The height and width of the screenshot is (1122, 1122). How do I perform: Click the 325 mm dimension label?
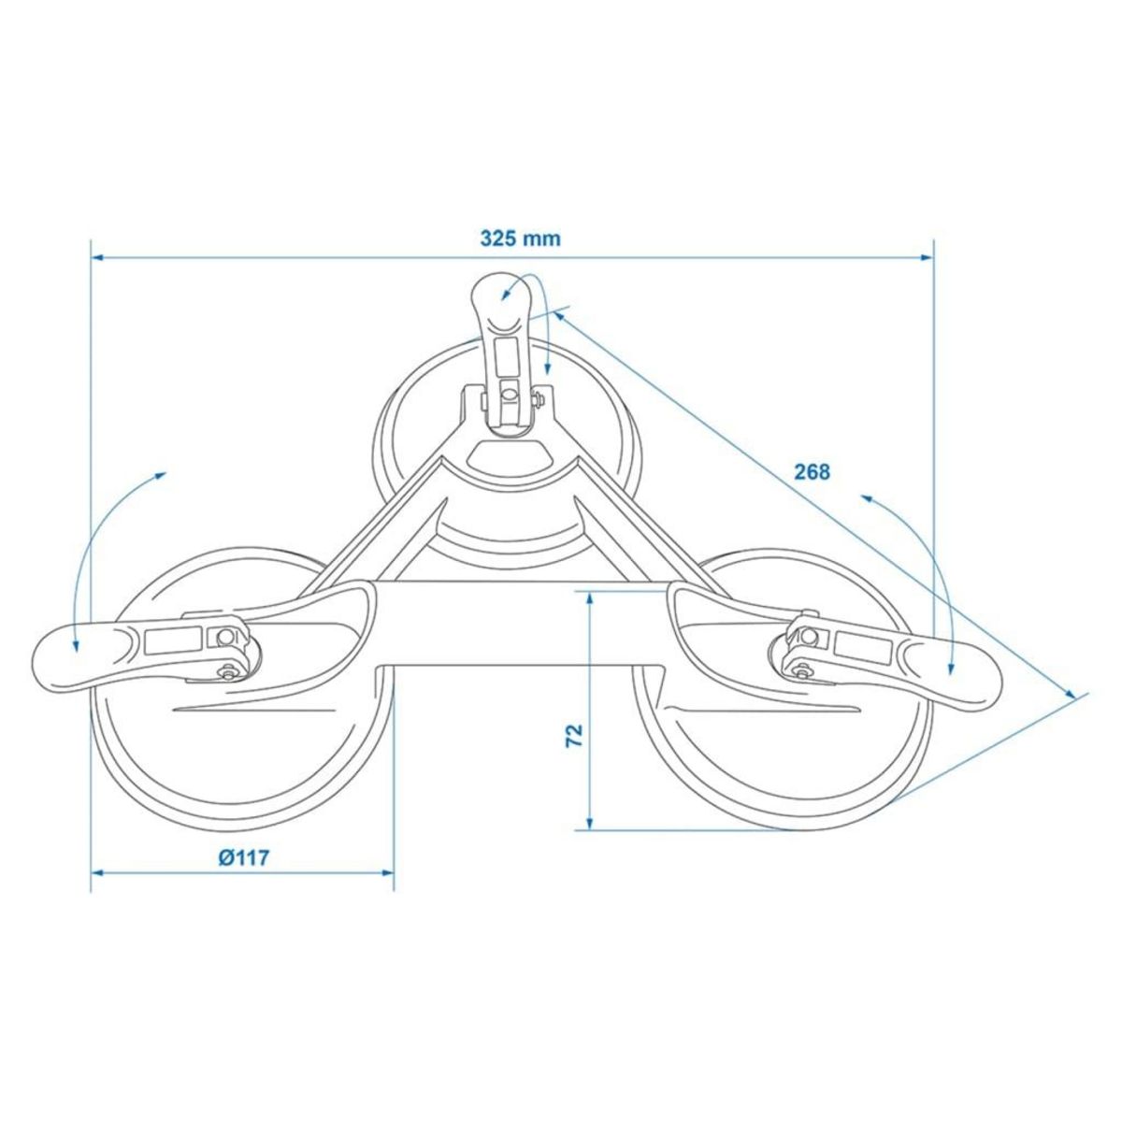521,238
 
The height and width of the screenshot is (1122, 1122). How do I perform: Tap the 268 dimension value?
812,472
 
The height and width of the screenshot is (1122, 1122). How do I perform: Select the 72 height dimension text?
575,735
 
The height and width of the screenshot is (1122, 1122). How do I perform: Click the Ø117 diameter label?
244,857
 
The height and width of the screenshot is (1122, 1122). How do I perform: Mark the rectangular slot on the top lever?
509,355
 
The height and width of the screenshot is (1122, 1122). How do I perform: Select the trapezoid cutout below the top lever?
509,456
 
